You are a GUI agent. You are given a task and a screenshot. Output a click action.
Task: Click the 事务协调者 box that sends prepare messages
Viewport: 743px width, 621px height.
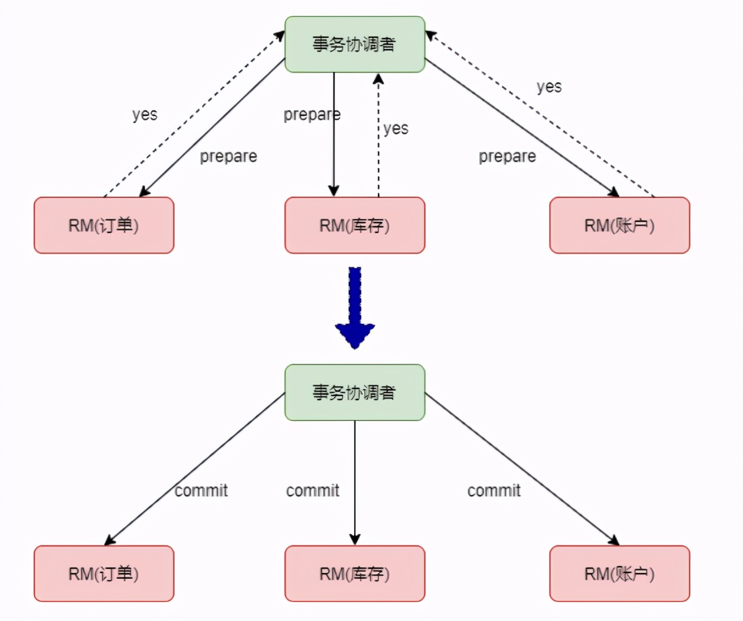(355, 45)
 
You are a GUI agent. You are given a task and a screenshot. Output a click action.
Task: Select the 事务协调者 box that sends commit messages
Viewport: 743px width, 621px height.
(355, 392)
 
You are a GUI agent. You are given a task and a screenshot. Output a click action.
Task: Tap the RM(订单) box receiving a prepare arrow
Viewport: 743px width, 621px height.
(104, 225)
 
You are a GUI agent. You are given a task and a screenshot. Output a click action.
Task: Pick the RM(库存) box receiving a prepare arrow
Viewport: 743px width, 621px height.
(355, 225)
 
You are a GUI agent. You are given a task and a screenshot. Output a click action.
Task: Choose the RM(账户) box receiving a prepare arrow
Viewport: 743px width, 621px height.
(619, 225)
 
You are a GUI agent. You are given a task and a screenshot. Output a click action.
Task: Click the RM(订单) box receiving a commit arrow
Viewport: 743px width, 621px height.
(104, 574)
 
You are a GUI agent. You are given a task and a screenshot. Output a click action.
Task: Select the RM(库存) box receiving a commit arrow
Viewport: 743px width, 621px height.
(355, 574)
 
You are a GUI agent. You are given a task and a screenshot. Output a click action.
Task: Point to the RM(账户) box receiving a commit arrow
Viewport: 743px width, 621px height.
(619, 574)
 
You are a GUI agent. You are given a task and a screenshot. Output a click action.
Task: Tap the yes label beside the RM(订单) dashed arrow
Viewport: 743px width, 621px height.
(145, 115)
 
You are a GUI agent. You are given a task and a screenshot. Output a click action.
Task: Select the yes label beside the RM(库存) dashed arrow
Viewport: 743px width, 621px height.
(396, 129)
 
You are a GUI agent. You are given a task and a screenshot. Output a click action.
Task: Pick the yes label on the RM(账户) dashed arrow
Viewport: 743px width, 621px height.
(549, 87)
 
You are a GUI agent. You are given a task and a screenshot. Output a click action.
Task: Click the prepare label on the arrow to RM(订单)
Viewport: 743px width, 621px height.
(229, 157)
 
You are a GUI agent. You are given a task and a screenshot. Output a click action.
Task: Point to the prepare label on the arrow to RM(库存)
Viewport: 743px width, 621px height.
(312, 115)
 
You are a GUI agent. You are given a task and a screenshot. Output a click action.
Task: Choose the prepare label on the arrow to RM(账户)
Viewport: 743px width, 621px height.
(507, 157)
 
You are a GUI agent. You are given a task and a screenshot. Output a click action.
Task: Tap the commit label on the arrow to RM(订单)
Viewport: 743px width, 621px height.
(201, 491)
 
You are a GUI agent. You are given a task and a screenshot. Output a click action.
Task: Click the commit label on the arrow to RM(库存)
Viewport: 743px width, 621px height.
(312, 491)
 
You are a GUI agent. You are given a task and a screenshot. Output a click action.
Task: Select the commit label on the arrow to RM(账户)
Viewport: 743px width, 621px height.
(494, 491)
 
